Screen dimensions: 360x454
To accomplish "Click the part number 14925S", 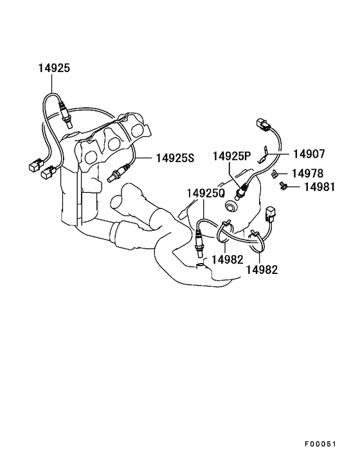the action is click(x=175, y=158).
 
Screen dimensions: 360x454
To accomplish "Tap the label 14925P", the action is click(x=232, y=156).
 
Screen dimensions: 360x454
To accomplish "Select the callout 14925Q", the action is click(x=206, y=194).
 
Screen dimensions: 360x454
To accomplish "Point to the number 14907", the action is click(x=309, y=154).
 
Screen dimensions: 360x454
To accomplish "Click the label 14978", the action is click(x=307, y=174).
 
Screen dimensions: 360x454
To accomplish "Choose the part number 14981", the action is click(x=319, y=187).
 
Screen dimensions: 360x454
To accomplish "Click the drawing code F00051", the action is click(x=320, y=444).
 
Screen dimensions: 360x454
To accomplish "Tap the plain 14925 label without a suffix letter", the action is click(x=55, y=68).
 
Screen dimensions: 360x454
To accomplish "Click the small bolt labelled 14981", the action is click(x=282, y=186).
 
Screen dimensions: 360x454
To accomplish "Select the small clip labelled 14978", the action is click(x=274, y=174).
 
